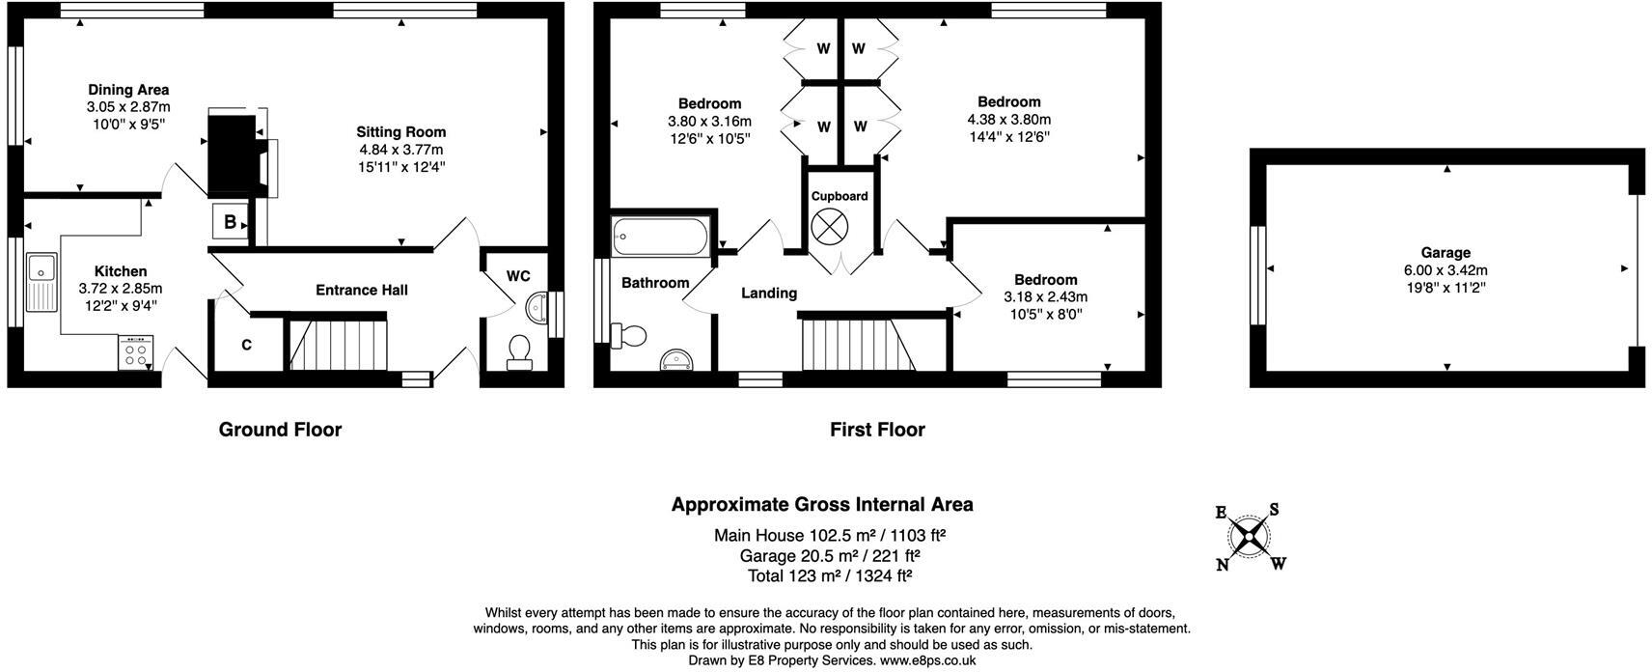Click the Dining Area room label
coord(128,90)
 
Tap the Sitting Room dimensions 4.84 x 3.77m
coord(400,150)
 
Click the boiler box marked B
coord(230,222)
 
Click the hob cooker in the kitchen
coord(136,352)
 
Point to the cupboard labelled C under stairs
coord(247,345)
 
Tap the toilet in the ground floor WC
coord(519,351)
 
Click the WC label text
coord(518,276)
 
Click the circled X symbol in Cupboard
coord(827,228)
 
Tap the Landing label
coord(769,293)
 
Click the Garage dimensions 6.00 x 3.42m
coord(1445,270)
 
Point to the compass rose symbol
coord(1250,537)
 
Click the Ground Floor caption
coord(280,430)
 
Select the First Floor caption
coord(877,430)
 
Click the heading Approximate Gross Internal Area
coord(822,504)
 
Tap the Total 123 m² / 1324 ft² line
coord(830,576)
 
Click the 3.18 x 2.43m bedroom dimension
coord(1045,297)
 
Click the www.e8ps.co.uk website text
coord(927,660)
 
